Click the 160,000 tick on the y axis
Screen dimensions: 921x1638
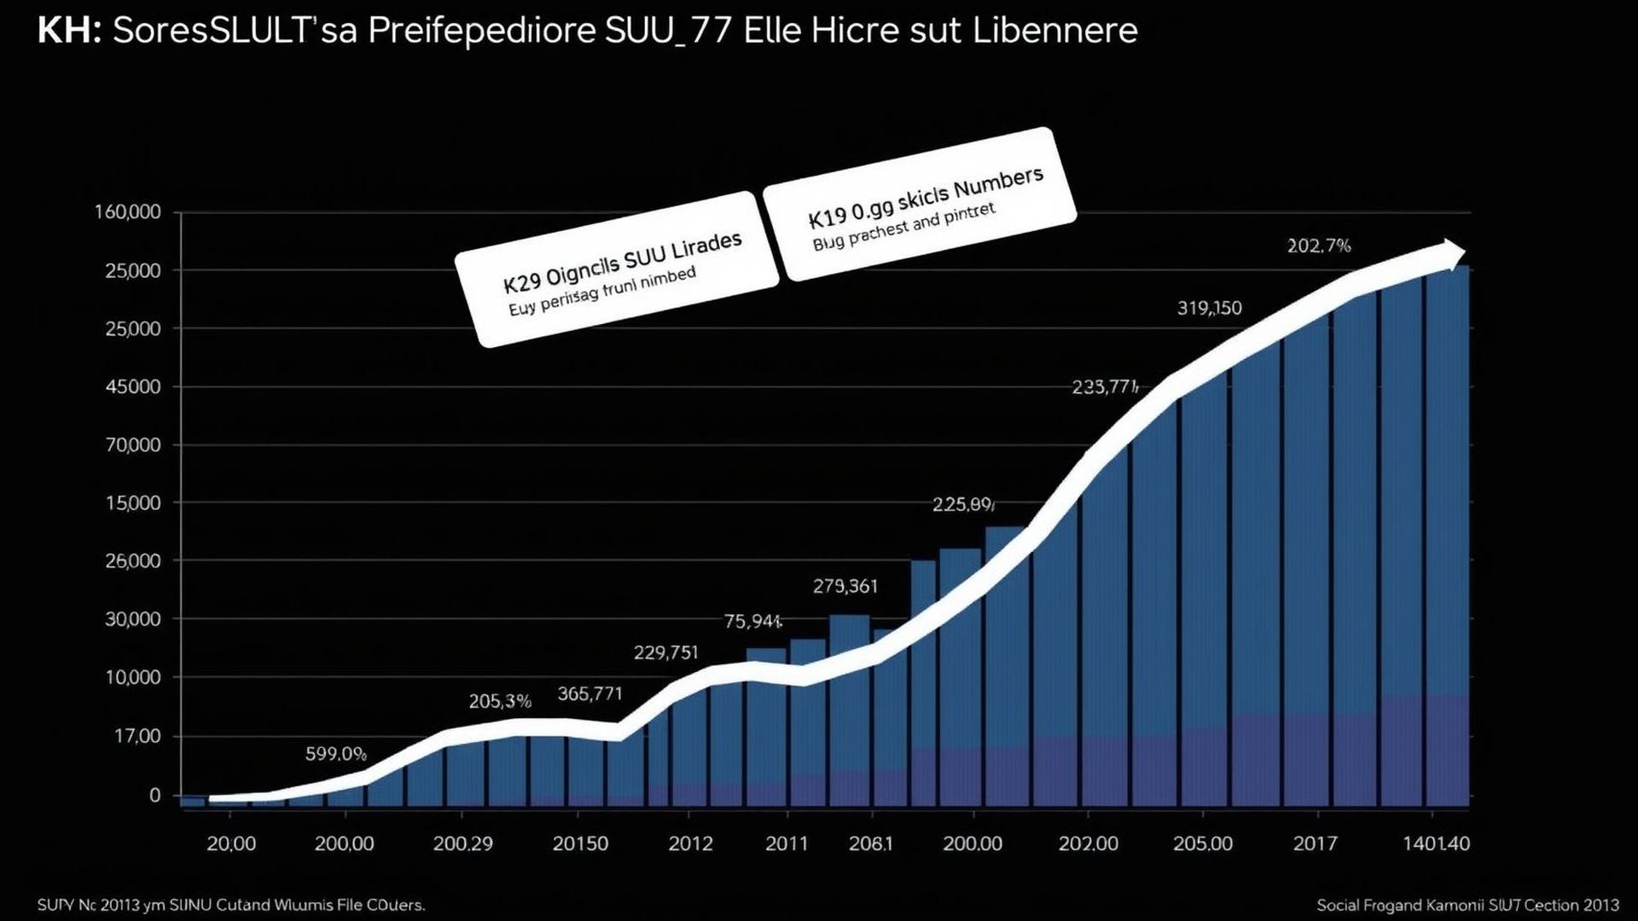click(127, 211)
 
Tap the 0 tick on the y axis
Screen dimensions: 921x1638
click(154, 795)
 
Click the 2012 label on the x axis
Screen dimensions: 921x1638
click(689, 843)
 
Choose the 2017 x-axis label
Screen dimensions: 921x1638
click(1315, 843)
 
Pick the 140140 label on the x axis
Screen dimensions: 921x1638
click(1437, 843)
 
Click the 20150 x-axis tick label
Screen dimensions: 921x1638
click(580, 843)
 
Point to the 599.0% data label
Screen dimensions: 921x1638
click(336, 754)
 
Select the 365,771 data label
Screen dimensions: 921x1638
click(590, 693)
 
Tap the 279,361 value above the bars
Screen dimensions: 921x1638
click(845, 586)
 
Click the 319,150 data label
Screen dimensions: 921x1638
click(1209, 308)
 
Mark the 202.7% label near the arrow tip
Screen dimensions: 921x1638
click(1318, 246)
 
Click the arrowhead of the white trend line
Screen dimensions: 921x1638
click(1452, 254)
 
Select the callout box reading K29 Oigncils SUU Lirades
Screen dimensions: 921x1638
click(617, 269)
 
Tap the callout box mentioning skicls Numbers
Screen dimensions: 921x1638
click(919, 204)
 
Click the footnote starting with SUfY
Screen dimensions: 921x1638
click(231, 904)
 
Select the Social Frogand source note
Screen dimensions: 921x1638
click(1467, 904)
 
